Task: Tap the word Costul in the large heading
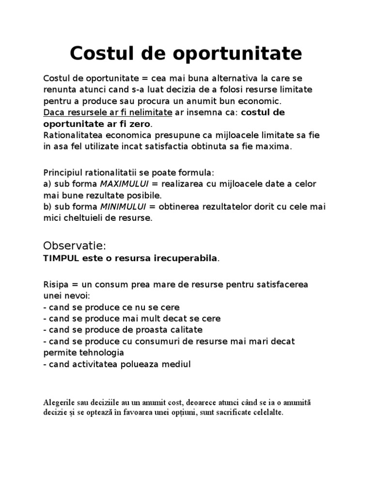pyautogui.click(x=100, y=53)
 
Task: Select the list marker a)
pyautogui.click(x=47, y=184)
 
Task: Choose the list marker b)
pyautogui.click(x=47, y=207)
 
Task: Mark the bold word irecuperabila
pyautogui.click(x=188, y=259)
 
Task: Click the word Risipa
pyautogui.click(x=55, y=283)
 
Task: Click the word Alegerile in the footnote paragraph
pyautogui.click(x=59, y=403)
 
